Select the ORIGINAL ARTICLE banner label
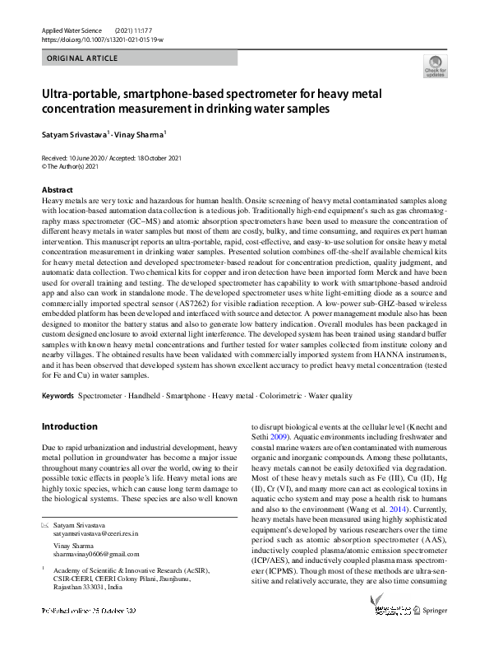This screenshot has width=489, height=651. pos(83,58)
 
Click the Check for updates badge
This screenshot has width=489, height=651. pos(435,67)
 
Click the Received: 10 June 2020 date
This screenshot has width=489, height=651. pos(76,156)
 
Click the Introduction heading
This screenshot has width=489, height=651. pos(69,427)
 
